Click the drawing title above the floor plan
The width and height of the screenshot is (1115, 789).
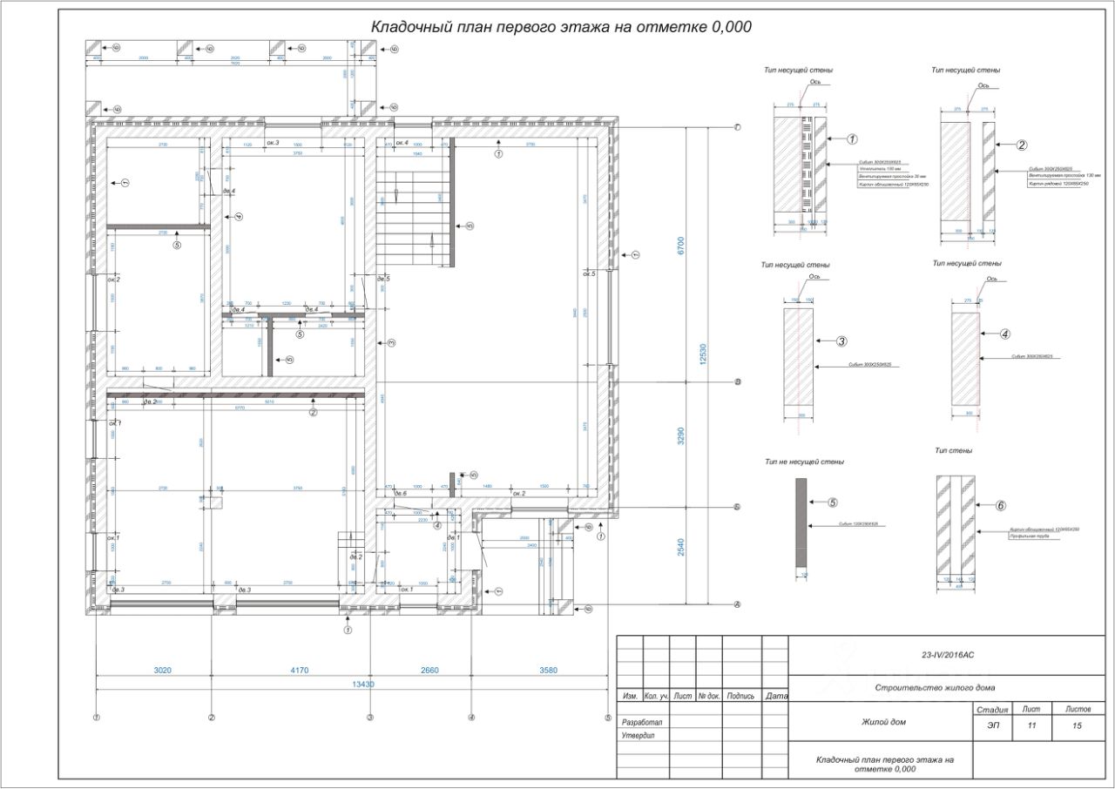[561, 27]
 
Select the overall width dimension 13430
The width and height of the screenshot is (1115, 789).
[363, 684]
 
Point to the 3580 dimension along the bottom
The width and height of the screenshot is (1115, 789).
[549, 670]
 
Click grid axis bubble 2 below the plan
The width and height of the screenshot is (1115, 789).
[212, 718]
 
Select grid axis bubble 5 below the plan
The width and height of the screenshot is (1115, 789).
[608, 718]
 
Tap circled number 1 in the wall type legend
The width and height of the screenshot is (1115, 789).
[852, 138]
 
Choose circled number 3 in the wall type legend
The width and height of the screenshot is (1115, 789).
[841, 341]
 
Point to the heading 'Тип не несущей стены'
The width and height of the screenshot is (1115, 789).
[803, 462]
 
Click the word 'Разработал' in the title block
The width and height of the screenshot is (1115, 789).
[641, 723]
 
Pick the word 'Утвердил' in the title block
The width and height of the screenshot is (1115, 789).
[638, 735]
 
